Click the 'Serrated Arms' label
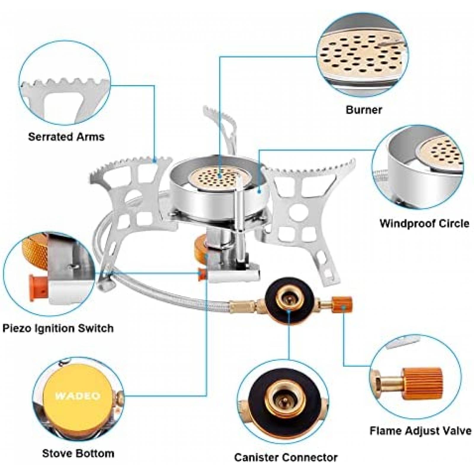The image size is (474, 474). [x=66, y=137]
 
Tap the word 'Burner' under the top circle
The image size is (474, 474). [x=363, y=110]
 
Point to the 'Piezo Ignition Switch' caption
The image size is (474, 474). [x=58, y=328]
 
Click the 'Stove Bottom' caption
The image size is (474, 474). [x=78, y=453]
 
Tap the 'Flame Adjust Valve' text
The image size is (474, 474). [x=420, y=430]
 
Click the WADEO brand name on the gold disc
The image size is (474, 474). [x=78, y=396]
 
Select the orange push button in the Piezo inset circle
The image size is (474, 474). [x=37, y=288]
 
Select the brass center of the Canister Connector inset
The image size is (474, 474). [x=283, y=400]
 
